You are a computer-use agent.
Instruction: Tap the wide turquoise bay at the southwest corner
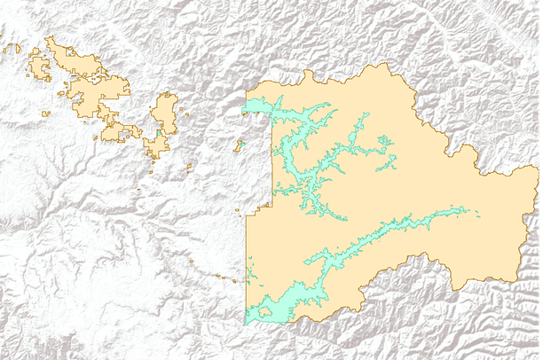tap(262, 311)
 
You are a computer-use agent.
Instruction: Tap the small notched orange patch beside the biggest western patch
tap(38, 67)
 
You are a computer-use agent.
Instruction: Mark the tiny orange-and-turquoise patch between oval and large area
tap(239, 144)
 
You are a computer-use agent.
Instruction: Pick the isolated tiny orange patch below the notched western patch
tap(48, 113)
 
